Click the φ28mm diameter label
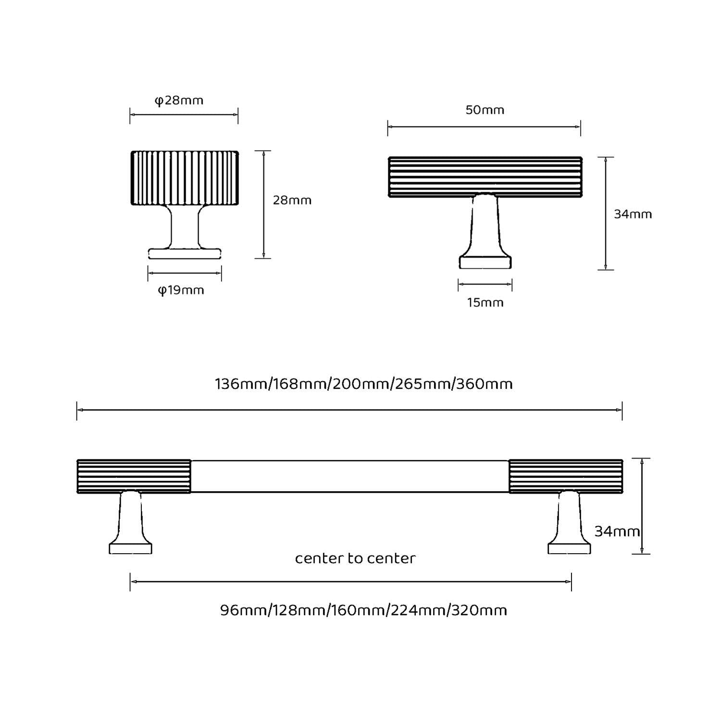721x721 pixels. pos(179,100)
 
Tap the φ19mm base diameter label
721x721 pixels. pos(181,290)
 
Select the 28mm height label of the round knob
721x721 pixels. pos(292,200)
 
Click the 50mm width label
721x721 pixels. pos(485,110)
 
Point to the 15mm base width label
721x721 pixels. pos(485,303)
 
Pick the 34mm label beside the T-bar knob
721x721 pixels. pos(633,214)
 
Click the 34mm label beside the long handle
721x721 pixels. pos(617,532)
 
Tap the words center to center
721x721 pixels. pos(355,559)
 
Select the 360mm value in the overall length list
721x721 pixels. pos(485,384)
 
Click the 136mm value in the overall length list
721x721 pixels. pos(242,384)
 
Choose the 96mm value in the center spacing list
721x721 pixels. pos(243,610)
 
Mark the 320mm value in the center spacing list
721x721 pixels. pos(479,610)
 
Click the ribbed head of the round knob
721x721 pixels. pos(185,178)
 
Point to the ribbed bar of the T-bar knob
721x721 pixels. pos(485,177)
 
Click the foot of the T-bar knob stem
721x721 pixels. pos(485,262)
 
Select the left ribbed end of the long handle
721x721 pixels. pos(134,476)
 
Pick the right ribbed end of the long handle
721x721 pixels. pos(566,476)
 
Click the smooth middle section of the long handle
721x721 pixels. pos(350,476)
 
